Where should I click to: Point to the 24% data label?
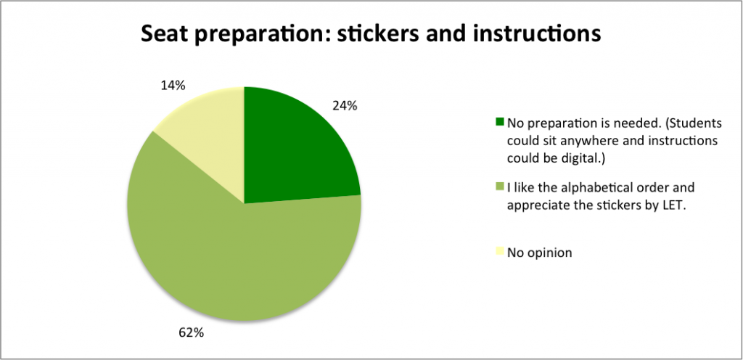pos(345,106)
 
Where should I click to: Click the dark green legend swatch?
pos(500,122)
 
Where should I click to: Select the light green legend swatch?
pos(500,187)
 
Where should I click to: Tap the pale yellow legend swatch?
pos(500,251)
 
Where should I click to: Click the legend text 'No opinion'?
pos(539,253)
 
